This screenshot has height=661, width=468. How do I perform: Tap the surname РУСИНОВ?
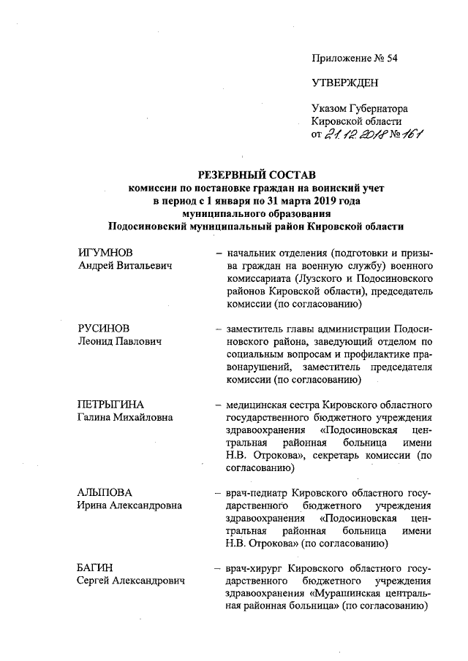[x=105, y=328]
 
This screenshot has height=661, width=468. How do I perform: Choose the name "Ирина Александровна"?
[x=129, y=505]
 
